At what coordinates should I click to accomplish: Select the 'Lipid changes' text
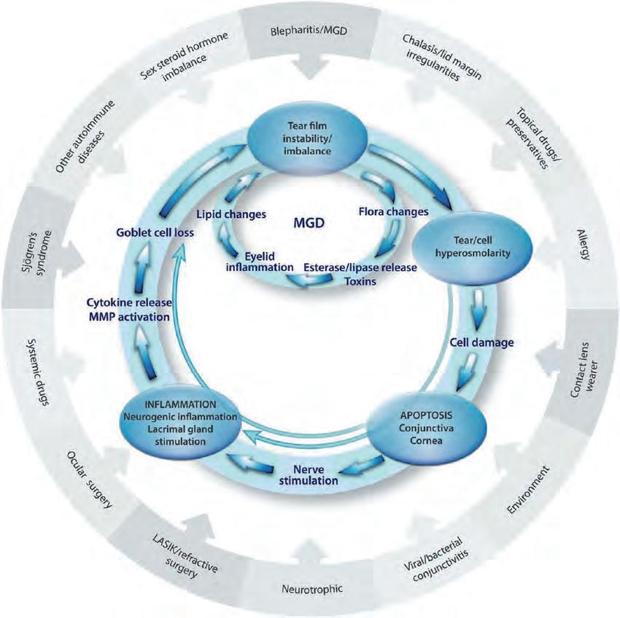(x=231, y=214)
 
